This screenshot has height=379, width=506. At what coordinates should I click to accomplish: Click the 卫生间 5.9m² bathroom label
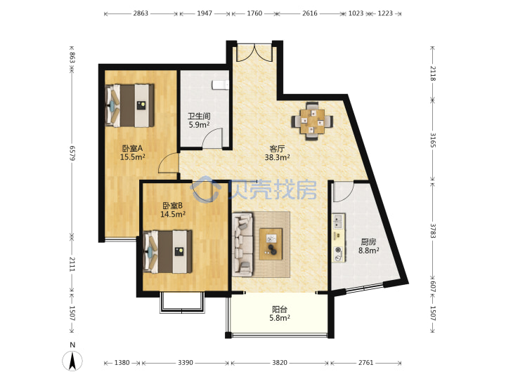pyautogui.click(x=199, y=120)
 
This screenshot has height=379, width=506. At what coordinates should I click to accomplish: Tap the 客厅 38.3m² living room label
pyautogui.click(x=277, y=153)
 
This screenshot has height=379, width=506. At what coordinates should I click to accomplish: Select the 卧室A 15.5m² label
pyautogui.click(x=132, y=153)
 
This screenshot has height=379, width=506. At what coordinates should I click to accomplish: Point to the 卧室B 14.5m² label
pyautogui.click(x=173, y=210)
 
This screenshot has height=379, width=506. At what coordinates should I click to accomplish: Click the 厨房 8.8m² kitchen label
pyautogui.click(x=368, y=246)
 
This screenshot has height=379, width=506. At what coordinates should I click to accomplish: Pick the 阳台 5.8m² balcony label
pyautogui.click(x=280, y=314)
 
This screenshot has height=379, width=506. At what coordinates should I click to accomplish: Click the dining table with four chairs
pyautogui.click(x=312, y=121)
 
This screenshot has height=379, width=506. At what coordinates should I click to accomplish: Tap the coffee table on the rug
pyautogui.click(x=271, y=244)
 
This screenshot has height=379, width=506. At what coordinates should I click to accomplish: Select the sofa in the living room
pyautogui.click(x=242, y=244)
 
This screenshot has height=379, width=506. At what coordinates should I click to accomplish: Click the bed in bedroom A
pyautogui.click(x=130, y=106)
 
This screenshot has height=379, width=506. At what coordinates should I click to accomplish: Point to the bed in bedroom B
pyautogui.click(x=167, y=251)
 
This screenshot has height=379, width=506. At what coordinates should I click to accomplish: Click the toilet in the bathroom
pyautogui.click(x=221, y=84)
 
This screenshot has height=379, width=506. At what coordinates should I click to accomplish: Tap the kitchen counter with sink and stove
pyautogui.click(x=339, y=237)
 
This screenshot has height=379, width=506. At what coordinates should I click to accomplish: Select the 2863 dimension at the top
pyautogui.click(x=141, y=13)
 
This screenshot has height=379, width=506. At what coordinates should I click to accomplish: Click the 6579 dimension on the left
pyautogui.click(x=72, y=153)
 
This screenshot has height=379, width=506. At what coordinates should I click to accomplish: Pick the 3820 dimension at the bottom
pyautogui.click(x=280, y=363)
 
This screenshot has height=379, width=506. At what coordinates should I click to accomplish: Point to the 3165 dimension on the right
pyautogui.click(x=433, y=140)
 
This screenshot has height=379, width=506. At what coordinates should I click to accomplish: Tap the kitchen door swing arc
pyautogui.click(x=344, y=192)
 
